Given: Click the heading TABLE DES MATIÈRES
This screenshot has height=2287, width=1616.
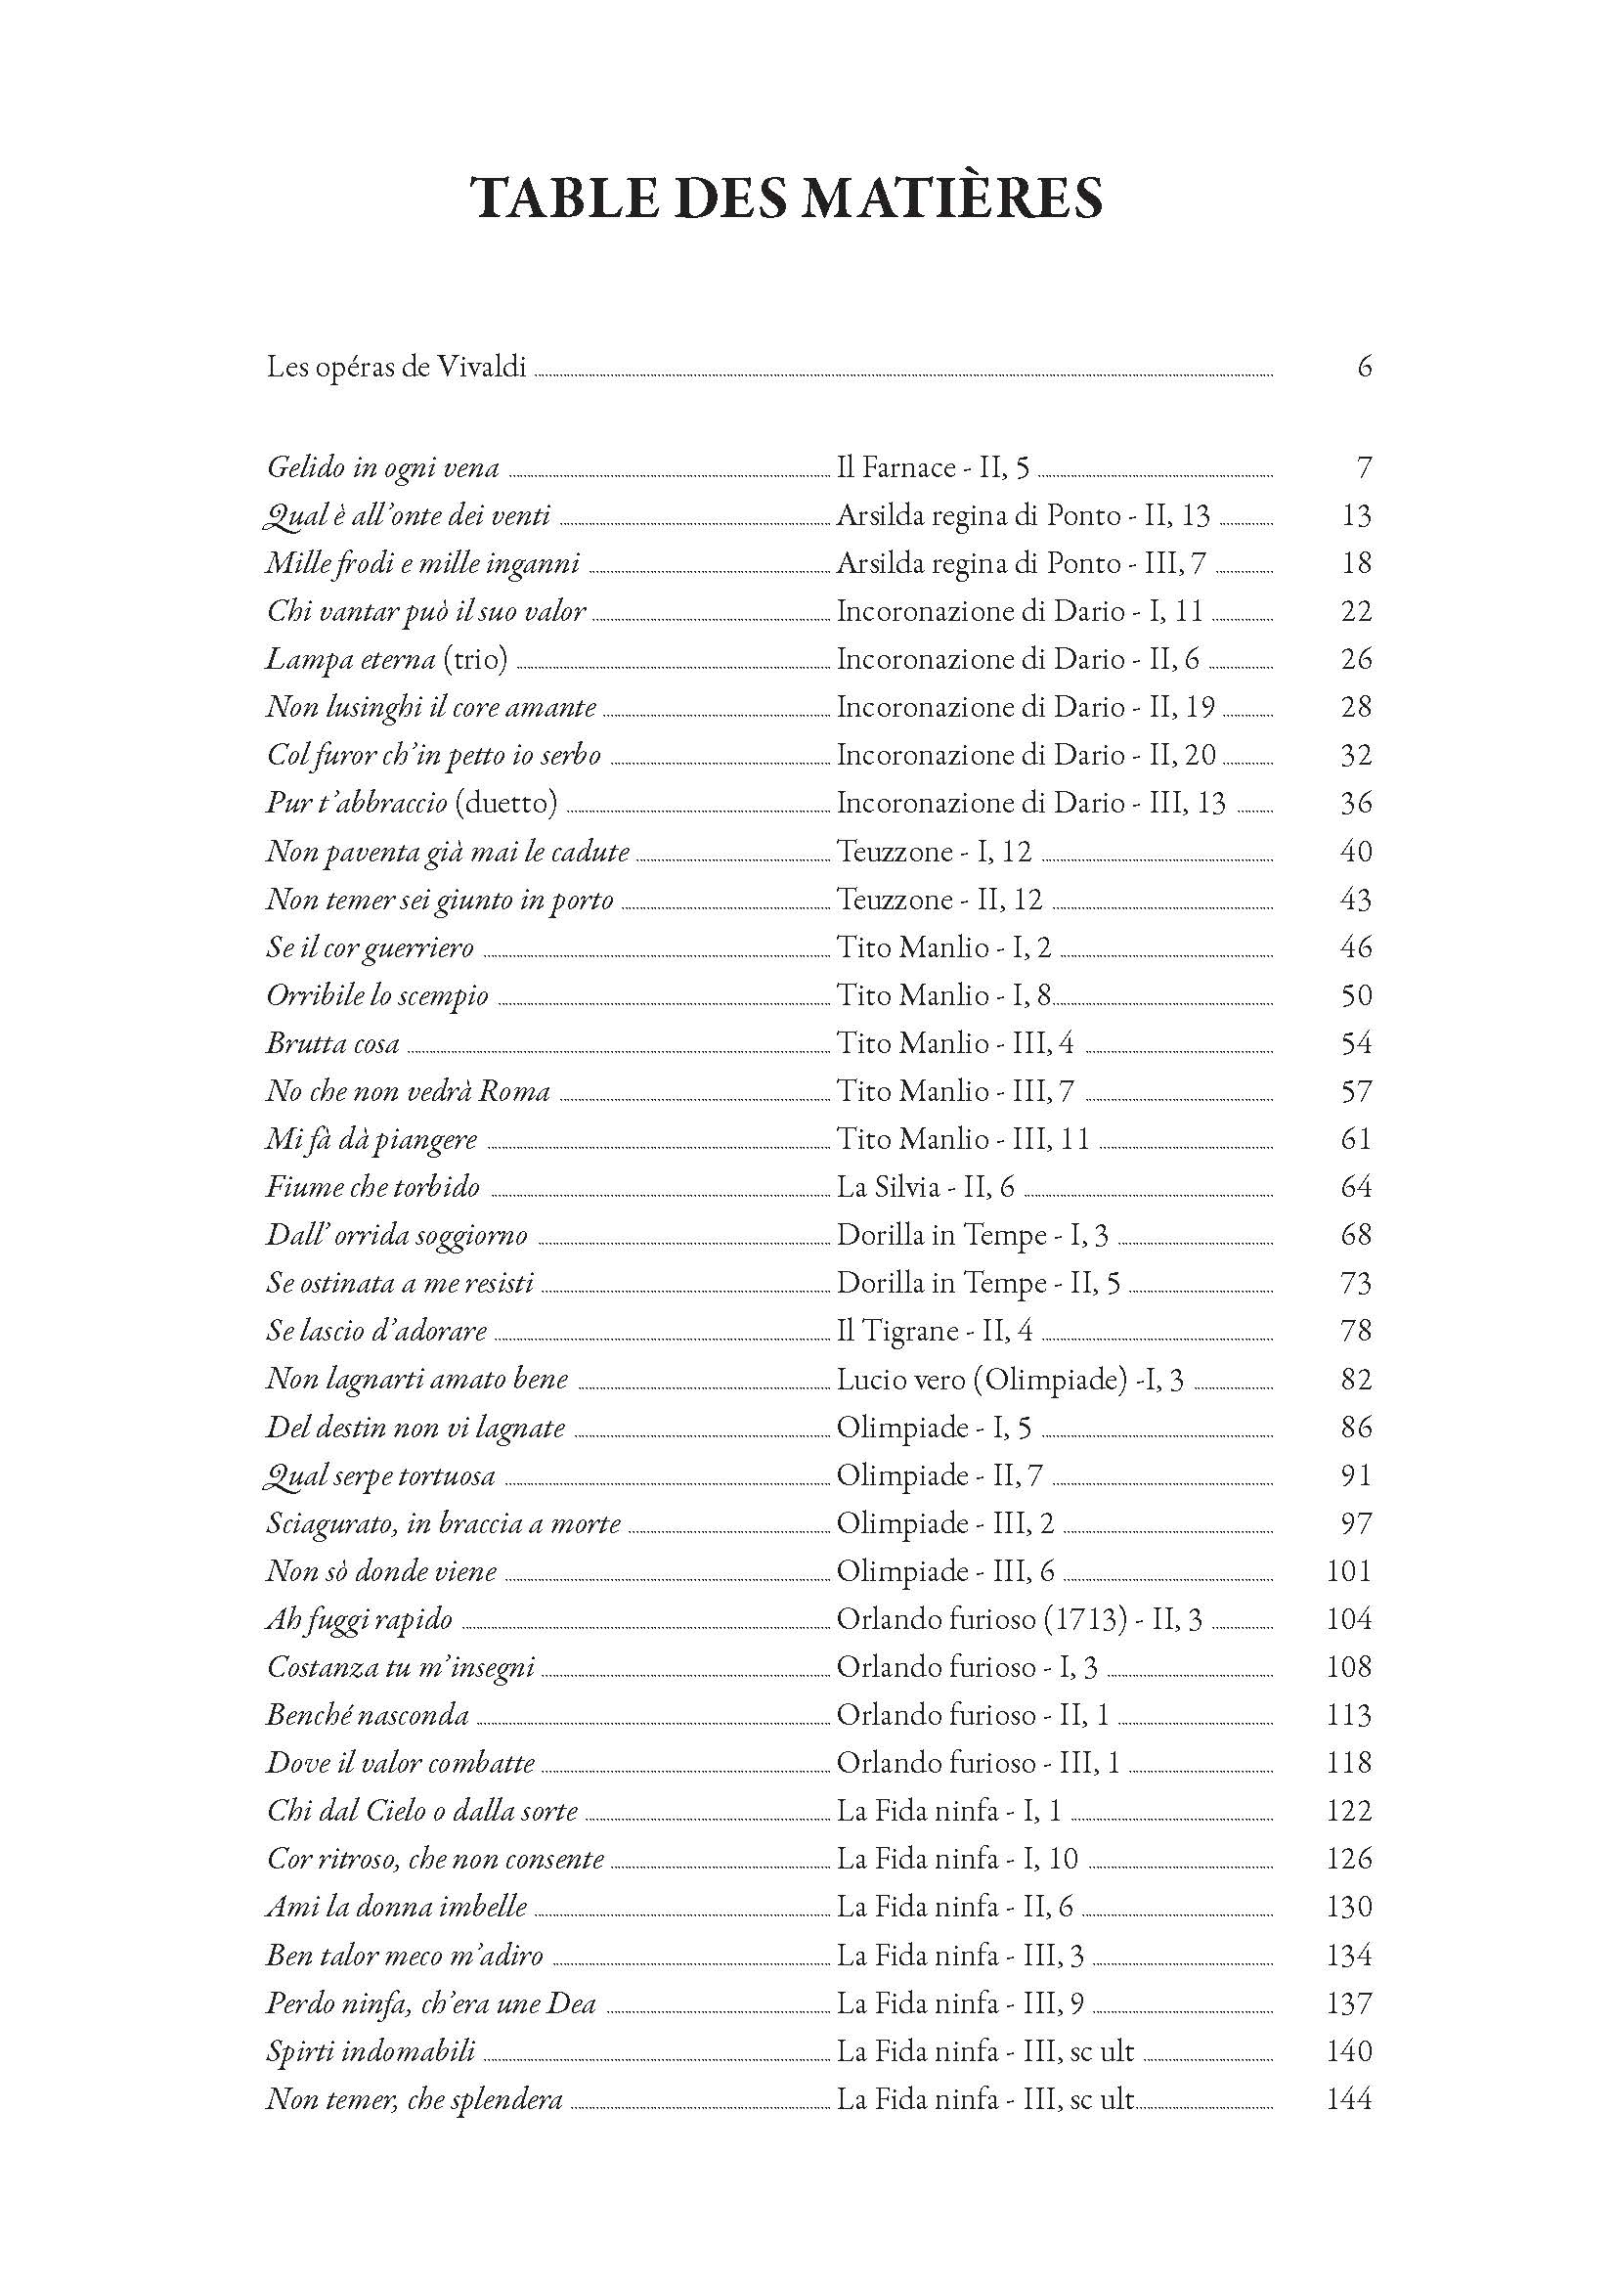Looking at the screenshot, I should [x=787, y=199].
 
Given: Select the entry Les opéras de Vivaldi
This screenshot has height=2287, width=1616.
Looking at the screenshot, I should [x=396, y=368].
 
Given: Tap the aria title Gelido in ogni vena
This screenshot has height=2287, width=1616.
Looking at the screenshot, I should [x=383, y=467].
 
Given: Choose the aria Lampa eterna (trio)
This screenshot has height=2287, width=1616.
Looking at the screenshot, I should [x=387, y=659].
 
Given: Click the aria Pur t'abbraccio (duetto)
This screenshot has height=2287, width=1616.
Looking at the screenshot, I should [x=412, y=803].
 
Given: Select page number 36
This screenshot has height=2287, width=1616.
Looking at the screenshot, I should [x=1356, y=803].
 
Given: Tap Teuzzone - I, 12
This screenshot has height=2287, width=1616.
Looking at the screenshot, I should [x=934, y=852].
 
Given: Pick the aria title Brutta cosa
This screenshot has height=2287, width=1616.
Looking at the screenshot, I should [x=332, y=1044].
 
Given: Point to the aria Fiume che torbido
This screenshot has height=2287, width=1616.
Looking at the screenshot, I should [x=373, y=1187].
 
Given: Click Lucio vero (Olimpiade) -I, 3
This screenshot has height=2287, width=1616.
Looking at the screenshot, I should [x=1010, y=1380].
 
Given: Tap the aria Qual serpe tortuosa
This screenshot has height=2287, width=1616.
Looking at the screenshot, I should [x=379, y=1476].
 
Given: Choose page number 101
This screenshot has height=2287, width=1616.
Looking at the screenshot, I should [x=1349, y=1572].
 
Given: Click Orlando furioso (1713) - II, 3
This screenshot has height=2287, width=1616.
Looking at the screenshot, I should [x=1020, y=1619].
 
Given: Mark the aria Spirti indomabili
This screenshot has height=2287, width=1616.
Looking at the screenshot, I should [x=371, y=2052].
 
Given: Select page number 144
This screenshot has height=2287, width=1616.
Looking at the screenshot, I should [x=1349, y=2099].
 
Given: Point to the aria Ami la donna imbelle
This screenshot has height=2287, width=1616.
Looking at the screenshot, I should [x=396, y=1908].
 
